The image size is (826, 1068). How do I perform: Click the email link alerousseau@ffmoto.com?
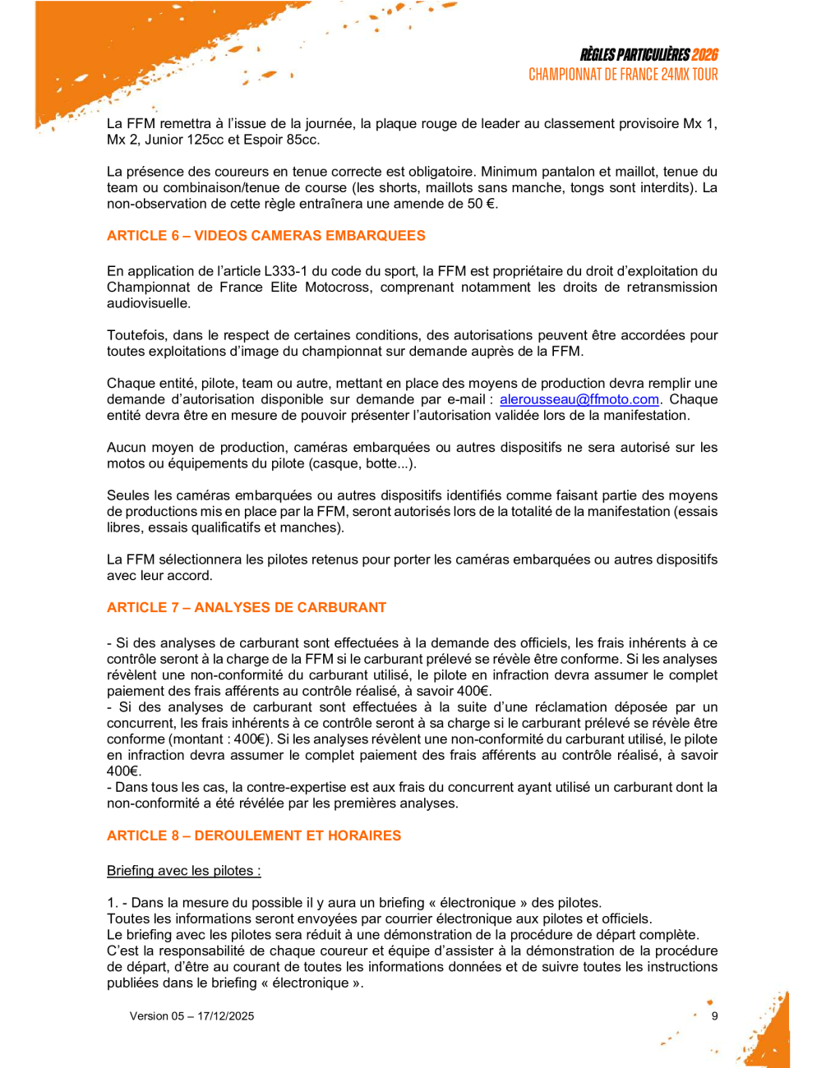pyautogui.click(x=579, y=399)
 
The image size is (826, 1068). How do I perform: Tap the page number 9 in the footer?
pyautogui.click(x=714, y=1016)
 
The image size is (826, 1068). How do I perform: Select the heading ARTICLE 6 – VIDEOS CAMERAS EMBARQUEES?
pyautogui.click(x=265, y=236)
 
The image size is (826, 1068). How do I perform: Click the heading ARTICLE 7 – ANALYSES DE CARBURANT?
pyautogui.click(x=246, y=608)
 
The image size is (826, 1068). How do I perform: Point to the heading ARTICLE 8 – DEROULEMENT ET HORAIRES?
pyautogui.click(x=253, y=836)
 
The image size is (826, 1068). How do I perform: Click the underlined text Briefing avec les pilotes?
pyautogui.click(x=183, y=871)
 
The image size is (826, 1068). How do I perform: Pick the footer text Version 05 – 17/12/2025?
pyautogui.click(x=192, y=1016)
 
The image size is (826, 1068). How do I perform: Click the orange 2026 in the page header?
pyautogui.click(x=704, y=55)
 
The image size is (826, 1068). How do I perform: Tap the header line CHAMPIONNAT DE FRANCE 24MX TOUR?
pyautogui.click(x=623, y=75)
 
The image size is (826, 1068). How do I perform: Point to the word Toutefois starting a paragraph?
pyautogui.click(x=136, y=335)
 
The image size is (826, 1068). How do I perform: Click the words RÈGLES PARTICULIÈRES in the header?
pyautogui.click(x=634, y=55)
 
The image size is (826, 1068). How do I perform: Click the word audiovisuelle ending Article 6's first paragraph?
pyautogui.click(x=148, y=303)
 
